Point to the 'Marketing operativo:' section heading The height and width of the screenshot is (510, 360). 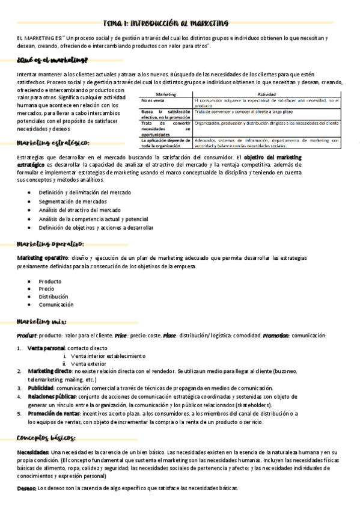(50, 244)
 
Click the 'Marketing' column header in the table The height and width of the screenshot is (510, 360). (166, 94)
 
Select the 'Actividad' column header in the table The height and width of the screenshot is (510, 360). (267, 94)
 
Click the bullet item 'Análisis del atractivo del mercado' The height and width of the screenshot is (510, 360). (79, 210)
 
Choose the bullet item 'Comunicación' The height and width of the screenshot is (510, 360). (56, 305)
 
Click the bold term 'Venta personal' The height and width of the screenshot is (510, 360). (47, 348)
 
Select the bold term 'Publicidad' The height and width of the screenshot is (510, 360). (41, 389)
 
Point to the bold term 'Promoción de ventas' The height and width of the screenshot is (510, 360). (54, 414)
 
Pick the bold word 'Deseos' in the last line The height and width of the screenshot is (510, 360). (26, 488)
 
